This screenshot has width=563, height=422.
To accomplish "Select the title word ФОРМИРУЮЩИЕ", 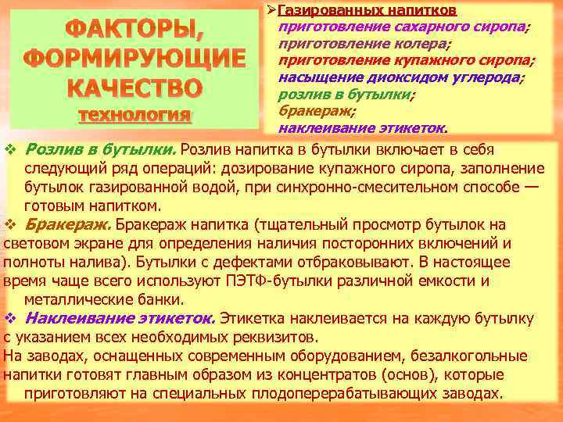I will tap(134, 59).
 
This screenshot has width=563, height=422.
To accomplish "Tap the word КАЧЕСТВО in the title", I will tap(134, 87).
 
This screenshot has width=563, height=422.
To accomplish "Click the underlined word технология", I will tap(134, 115).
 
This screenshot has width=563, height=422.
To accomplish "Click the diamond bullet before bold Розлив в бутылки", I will tap(10, 150).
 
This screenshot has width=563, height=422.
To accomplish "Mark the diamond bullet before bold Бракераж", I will tap(10, 225).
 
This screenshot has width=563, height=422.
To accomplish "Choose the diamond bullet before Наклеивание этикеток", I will tap(10, 318).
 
